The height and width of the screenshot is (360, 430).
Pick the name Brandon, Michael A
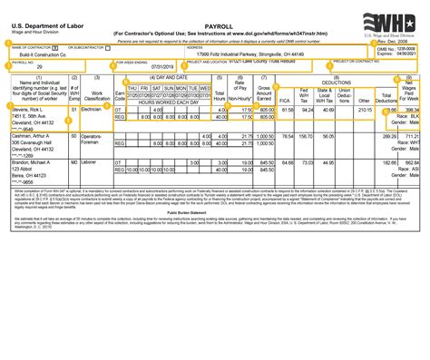(x=34, y=161)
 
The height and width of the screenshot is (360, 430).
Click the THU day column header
(x=132, y=87)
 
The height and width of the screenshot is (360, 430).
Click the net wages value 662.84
(x=414, y=161)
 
